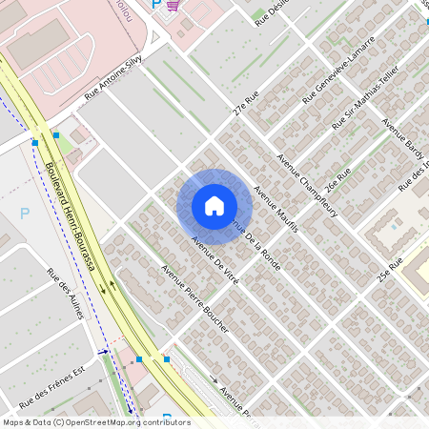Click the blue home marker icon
pos(214,205)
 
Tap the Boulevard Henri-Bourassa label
pos(71,217)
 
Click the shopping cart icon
pos(173,5)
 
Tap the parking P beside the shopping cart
pos(156,5)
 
